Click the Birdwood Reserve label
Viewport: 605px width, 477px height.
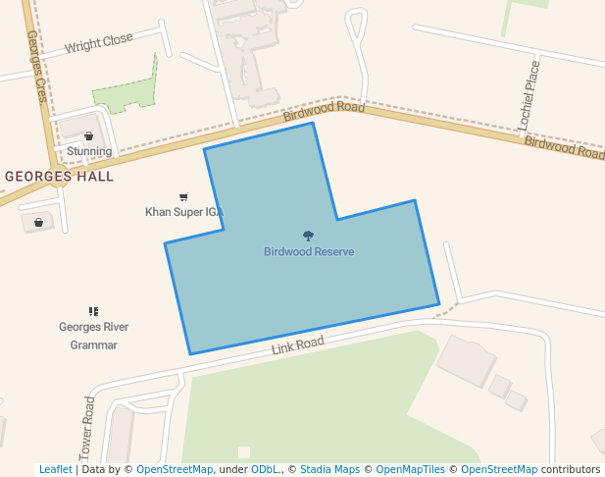tap(309, 252)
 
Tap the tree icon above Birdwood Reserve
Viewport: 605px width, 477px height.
tap(309, 236)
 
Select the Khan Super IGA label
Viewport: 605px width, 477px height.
tap(184, 212)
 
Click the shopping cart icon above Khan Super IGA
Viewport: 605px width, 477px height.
tap(183, 197)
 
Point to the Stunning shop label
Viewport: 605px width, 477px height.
tap(89, 151)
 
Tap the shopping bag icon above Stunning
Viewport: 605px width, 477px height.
tap(89, 136)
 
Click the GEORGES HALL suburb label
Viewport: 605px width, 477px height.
tap(59, 177)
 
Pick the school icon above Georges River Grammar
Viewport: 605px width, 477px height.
tap(93, 311)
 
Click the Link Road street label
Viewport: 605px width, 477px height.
tap(297, 344)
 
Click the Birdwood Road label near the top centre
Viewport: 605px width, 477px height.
tap(324, 111)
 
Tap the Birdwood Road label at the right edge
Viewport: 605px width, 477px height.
tap(564, 148)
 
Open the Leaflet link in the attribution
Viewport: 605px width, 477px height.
tap(55, 469)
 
